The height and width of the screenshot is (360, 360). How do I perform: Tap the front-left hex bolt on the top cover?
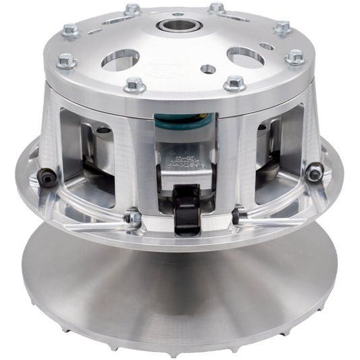click(134, 85)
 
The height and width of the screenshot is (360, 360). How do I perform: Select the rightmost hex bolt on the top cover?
click(295, 58)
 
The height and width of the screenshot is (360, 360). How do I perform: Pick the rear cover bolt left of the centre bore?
click(132, 9)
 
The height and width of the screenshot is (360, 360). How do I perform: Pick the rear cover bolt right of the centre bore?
click(216, 9)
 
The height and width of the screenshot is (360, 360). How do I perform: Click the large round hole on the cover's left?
click(120, 59)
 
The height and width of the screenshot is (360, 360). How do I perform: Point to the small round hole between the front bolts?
click(208, 69)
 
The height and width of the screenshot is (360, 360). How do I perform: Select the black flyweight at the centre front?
click(186, 206)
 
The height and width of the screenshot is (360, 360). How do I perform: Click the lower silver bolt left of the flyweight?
click(132, 218)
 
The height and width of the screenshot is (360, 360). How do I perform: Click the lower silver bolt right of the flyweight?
click(238, 217)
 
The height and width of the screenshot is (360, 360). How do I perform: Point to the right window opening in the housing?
click(276, 159)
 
